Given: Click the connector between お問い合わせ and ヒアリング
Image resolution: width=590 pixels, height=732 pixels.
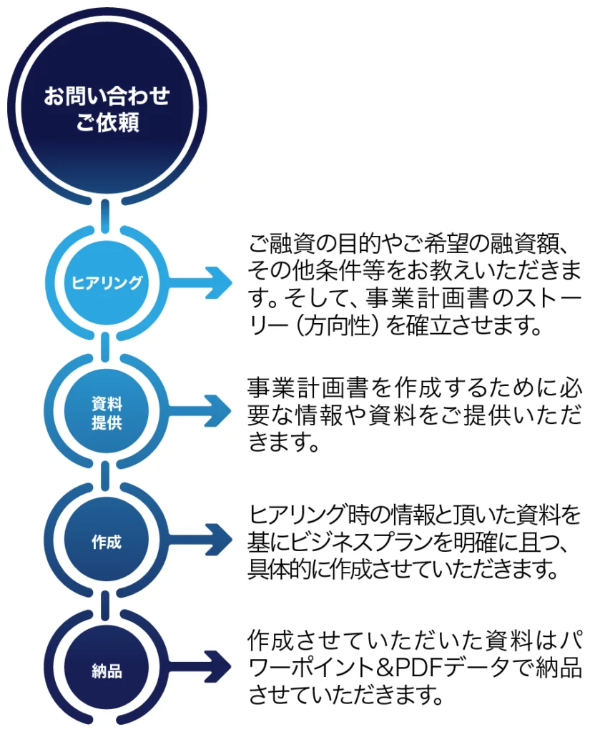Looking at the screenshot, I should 106,212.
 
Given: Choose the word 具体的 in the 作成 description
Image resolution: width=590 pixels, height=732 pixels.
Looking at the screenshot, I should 283,569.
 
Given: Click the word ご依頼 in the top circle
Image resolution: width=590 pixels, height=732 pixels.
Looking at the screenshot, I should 107,122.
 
